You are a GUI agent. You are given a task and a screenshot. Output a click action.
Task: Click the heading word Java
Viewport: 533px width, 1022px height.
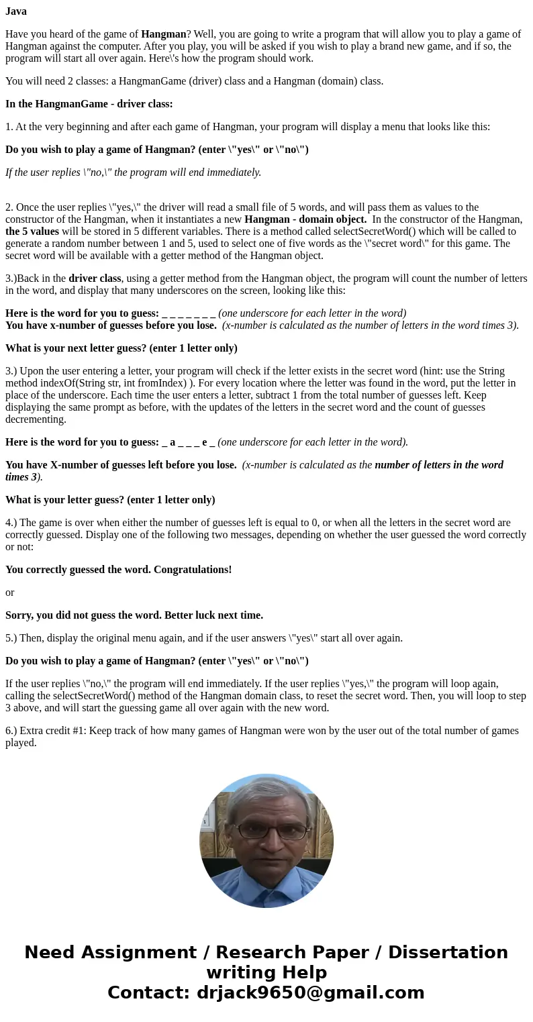click(x=16, y=11)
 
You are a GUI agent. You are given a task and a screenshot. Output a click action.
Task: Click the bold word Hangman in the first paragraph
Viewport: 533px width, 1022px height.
click(x=163, y=34)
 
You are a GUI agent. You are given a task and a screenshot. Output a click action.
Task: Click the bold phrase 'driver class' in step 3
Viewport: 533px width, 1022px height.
click(x=95, y=278)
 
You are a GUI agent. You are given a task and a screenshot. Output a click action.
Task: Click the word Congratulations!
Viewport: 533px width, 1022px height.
click(x=193, y=570)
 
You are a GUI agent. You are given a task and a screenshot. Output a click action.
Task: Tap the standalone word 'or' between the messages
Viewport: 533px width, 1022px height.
click(x=9, y=593)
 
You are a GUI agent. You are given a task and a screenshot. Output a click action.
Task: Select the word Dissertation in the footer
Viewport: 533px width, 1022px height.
click(x=448, y=953)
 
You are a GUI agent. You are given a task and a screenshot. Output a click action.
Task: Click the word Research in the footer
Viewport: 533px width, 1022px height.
click(x=264, y=953)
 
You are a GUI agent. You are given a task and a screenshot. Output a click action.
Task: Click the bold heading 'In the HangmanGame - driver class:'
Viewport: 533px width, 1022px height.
click(x=89, y=104)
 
